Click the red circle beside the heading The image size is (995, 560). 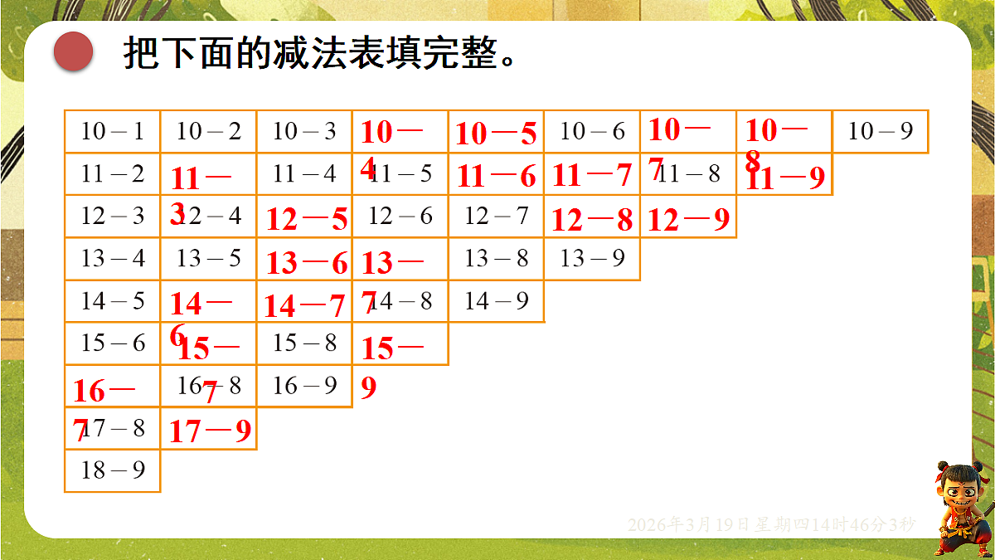73,51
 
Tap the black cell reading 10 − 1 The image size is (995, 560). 113,131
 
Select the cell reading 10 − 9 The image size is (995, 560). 881,131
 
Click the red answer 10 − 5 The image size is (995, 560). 496,134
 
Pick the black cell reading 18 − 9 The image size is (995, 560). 113,470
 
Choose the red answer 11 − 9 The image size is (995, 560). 785,178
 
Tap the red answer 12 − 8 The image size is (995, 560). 592,220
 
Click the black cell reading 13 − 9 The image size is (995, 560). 592,259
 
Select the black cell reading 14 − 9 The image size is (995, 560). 496,300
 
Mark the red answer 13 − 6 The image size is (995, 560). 307,263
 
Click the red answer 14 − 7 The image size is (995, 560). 304,306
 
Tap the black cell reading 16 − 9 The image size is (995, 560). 304,386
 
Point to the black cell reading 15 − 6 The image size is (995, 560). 113,343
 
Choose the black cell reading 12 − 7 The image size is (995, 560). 496,216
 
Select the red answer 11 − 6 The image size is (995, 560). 496,176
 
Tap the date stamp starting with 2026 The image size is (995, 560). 771,524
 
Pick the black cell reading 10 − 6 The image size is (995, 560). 592,131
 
